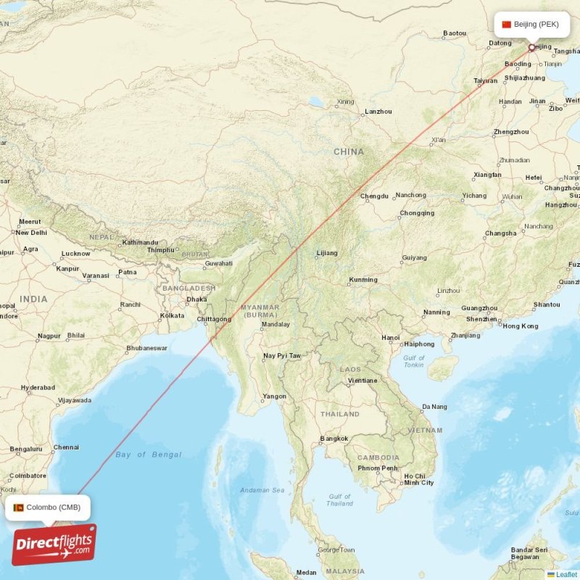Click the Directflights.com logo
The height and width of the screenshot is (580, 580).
click(54, 544)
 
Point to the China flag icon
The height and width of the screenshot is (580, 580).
click(507, 25)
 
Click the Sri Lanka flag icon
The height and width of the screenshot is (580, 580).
click(18, 507)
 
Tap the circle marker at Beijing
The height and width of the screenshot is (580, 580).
click(531, 48)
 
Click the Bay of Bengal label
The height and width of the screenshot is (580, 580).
click(148, 455)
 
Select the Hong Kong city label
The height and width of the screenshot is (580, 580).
click(520, 326)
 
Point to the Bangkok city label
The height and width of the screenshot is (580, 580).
click(333, 439)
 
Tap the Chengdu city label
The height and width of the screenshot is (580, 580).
click(375, 196)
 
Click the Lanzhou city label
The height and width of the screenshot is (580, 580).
click(378, 111)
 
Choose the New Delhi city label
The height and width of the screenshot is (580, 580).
click(31, 233)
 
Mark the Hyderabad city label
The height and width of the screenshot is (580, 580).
click(38, 387)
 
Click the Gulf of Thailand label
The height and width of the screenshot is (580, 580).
click(339, 500)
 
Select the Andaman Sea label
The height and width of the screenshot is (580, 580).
click(262, 490)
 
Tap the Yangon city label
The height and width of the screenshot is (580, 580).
click(275, 396)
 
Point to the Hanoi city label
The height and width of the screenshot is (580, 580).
click(391, 338)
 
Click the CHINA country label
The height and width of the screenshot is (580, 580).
click(349, 152)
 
